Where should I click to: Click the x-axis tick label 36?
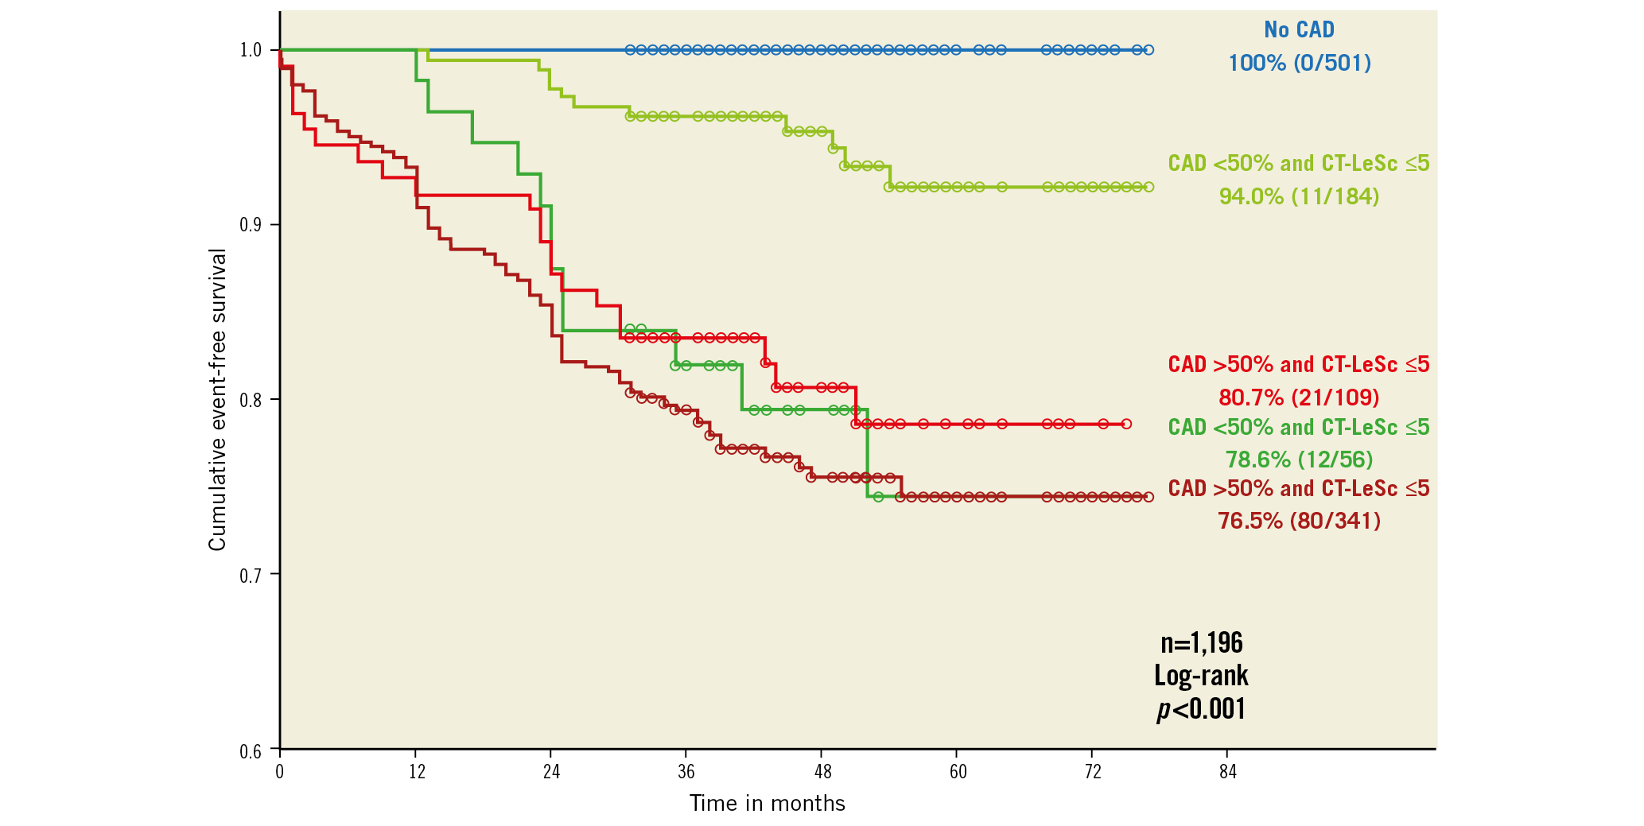686,772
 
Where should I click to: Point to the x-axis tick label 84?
1227,772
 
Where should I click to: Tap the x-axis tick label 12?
417,772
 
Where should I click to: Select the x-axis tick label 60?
958,772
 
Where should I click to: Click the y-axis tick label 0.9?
251,225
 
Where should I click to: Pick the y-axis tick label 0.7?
251,575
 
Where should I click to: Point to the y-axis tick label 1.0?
251,50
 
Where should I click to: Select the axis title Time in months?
767,804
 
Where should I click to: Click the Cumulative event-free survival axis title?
217,400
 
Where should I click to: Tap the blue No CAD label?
1299,30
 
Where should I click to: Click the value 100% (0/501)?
1300,63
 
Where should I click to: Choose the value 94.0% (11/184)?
1299,196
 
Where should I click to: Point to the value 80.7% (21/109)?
1299,397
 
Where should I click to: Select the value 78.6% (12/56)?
1299,460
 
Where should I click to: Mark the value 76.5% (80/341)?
1299,521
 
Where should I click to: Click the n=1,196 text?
1201,642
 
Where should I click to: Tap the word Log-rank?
1201,676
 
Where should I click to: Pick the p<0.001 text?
1201,708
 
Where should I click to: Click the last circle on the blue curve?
1148,50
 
